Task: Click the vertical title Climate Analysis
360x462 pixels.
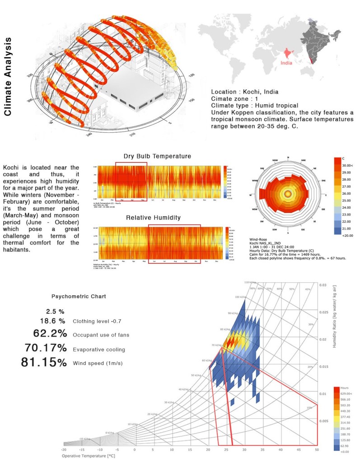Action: coord(9,77)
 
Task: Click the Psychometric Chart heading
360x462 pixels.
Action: coord(79,297)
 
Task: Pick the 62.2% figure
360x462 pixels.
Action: coord(50,334)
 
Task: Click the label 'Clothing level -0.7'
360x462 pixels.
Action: coord(96,322)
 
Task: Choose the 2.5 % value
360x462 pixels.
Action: coord(55,311)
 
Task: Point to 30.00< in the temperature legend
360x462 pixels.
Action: coord(347,166)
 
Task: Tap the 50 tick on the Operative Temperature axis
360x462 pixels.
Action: coord(316,450)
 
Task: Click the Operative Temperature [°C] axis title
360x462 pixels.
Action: coord(88,456)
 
